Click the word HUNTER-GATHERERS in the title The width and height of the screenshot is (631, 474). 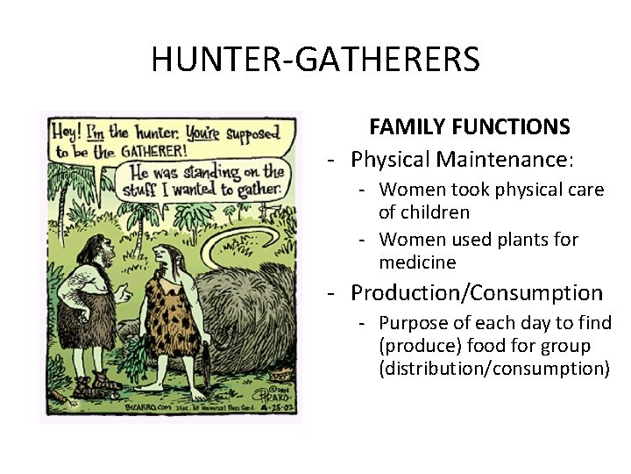coord(315,60)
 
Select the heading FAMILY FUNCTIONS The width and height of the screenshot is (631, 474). coord(470,127)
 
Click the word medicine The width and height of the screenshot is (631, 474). coord(417,262)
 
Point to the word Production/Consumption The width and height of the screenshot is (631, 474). coord(477,293)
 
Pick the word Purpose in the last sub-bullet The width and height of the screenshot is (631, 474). coord(415,324)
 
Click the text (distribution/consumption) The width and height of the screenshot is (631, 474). coord(493,368)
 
